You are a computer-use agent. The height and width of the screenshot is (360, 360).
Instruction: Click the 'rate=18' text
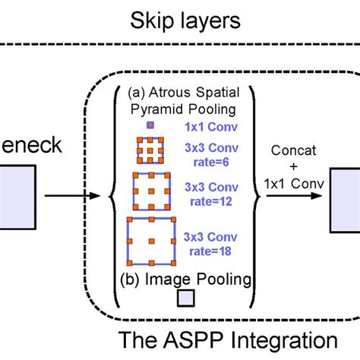coord(203,250)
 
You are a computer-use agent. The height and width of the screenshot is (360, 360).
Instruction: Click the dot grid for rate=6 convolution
coord(150,152)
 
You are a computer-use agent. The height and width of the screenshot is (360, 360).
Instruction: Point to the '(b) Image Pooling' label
coord(185,279)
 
